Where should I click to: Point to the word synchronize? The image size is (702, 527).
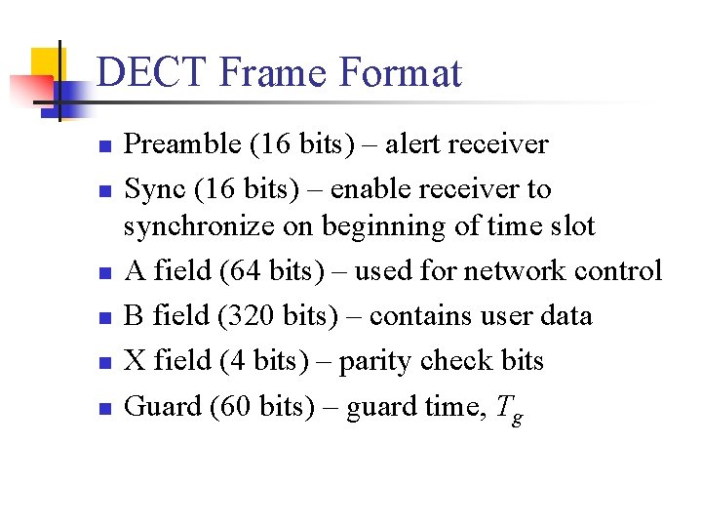200,226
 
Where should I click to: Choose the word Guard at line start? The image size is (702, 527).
163,406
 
